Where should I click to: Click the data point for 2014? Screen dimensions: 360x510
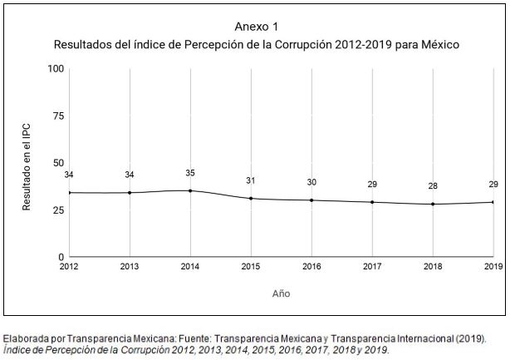[x=190, y=190]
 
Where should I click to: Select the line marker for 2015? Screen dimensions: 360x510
[x=251, y=198]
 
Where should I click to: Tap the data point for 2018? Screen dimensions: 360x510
[x=433, y=204]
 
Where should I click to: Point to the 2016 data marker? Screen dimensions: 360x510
[x=311, y=200]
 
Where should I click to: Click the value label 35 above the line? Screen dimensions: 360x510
[x=190, y=173]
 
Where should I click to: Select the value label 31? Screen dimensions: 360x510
[x=251, y=180]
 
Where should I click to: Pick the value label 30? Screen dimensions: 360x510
[x=311, y=182]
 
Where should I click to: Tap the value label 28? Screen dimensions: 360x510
[x=433, y=186]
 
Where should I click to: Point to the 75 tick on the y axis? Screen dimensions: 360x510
[x=59, y=116]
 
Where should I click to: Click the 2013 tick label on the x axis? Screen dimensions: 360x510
[x=130, y=267]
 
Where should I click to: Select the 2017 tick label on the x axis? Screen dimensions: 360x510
[x=372, y=267]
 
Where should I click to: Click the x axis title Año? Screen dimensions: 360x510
[x=282, y=293]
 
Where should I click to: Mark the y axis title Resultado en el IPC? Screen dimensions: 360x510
[x=27, y=162]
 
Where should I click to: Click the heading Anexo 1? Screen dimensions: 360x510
[x=256, y=27]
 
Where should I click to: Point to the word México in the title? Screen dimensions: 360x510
[x=438, y=43]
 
